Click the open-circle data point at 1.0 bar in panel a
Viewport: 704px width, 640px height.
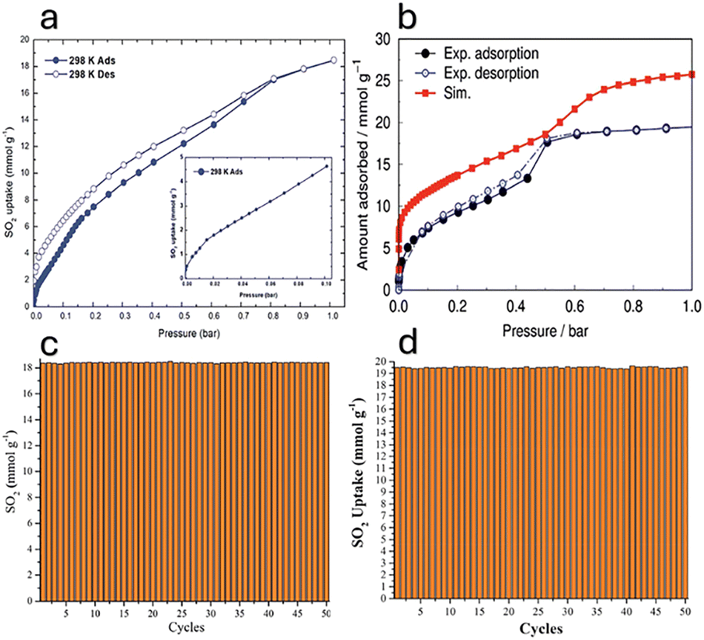[333, 60]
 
